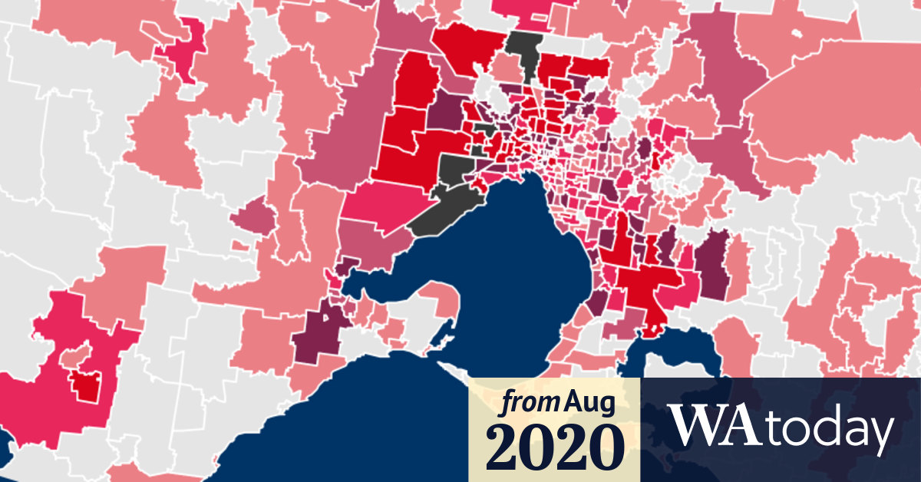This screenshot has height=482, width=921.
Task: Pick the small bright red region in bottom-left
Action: click(x=86, y=384)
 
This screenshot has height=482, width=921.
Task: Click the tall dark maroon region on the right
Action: click(x=714, y=269)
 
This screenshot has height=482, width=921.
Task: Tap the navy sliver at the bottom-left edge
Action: click(x=4, y=445)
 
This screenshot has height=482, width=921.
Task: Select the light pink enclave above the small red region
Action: click(x=75, y=357)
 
